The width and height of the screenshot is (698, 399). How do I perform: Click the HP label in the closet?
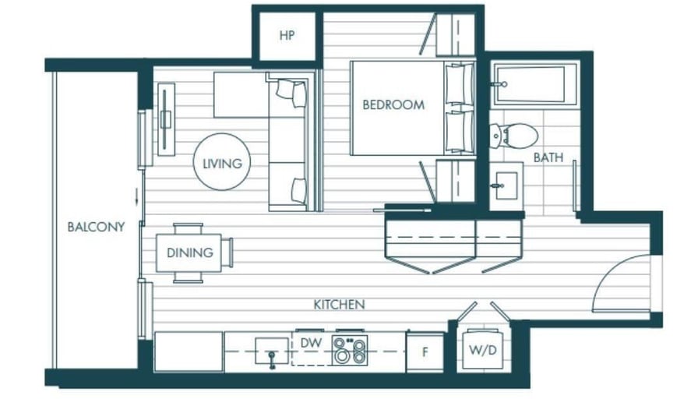coord(287,35)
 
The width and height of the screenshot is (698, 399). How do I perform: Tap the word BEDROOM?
coord(393,105)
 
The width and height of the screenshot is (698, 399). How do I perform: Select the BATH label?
coord(548,157)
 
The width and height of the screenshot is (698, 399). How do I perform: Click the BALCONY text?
coord(96,227)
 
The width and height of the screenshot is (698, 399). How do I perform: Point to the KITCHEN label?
coord(339,305)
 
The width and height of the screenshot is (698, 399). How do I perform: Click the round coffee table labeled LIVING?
coord(222,161)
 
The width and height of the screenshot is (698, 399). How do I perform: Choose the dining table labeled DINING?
coord(189,253)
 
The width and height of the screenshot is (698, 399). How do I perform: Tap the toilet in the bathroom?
coord(514,136)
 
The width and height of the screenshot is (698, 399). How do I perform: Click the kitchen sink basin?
coord(272,351)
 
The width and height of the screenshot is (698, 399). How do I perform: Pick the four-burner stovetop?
coord(350,350)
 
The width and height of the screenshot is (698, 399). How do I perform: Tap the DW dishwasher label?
coord(311,343)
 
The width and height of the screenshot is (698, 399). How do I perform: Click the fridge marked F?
coord(425,352)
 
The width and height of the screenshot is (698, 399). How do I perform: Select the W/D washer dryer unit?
coord(483,350)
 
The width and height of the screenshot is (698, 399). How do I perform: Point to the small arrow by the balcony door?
coord(136,196)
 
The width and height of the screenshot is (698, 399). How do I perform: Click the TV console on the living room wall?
coord(166,119)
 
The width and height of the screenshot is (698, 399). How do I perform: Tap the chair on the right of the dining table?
coord(227,253)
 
